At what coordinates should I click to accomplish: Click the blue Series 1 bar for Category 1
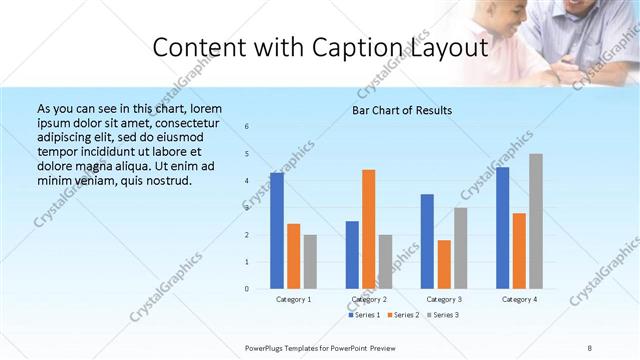277,231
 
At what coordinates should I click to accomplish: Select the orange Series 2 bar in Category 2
369,229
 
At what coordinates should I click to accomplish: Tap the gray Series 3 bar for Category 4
537,221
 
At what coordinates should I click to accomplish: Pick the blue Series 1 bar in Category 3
427,241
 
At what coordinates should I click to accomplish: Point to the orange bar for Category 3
444,264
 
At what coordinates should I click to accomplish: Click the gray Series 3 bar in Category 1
310,262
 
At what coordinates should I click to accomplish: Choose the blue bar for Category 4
503,228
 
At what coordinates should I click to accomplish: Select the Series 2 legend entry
405,315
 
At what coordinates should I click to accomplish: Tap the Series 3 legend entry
445,315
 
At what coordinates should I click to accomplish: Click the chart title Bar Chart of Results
403,110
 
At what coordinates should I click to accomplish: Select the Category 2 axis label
368,299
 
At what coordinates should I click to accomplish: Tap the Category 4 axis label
519,299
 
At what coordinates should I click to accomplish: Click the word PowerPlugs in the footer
266,347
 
